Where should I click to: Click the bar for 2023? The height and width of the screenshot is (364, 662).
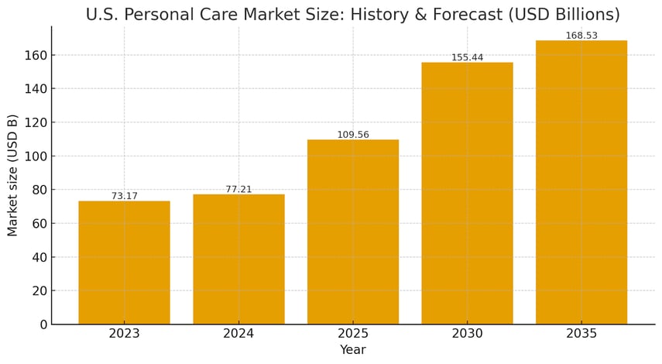pyautogui.click(x=124, y=263)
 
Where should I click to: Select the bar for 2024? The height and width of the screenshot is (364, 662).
pyautogui.click(x=238, y=259)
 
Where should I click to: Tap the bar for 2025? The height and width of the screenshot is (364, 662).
pyautogui.click(x=353, y=232)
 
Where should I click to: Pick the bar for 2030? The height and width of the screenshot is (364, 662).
pyautogui.click(x=467, y=193)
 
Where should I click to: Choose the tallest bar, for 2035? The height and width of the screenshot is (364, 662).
pyautogui.click(x=581, y=182)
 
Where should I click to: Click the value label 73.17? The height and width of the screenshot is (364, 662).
pyautogui.click(x=124, y=196)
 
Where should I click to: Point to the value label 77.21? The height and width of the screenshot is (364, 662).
pyautogui.click(x=238, y=189)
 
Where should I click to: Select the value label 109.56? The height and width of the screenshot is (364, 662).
pyautogui.click(x=353, y=135)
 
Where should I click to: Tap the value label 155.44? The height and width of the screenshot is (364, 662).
pyautogui.click(x=467, y=57)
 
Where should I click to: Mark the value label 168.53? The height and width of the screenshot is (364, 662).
pyautogui.click(x=581, y=36)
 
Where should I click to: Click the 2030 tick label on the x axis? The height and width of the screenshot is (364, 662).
pyautogui.click(x=467, y=334)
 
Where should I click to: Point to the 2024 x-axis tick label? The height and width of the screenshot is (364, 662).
pyautogui.click(x=238, y=334)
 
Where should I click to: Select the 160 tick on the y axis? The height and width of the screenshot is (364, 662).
pyautogui.click(x=34, y=55)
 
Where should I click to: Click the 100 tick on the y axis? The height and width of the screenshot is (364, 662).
pyautogui.click(x=34, y=156)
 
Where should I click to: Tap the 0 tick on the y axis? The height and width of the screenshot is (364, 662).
pyautogui.click(x=43, y=325)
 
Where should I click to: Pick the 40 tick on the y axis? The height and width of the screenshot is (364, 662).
pyautogui.click(x=38, y=257)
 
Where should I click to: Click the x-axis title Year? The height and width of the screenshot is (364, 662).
pyautogui.click(x=353, y=350)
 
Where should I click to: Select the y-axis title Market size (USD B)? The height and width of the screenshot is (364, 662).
pyautogui.click(x=13, y=175)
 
